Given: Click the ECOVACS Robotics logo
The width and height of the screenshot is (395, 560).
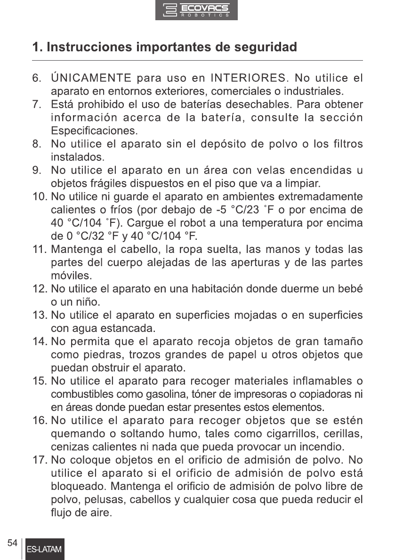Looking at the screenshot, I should [x=196, y=10].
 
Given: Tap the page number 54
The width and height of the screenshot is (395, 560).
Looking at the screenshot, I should [x=13, y=543].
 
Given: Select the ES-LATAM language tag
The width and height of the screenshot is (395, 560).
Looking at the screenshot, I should [x=45, y=550].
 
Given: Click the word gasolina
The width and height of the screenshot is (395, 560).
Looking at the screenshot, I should [x=178, y=393].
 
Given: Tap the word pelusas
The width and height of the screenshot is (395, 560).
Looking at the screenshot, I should [x=94, y=498].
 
